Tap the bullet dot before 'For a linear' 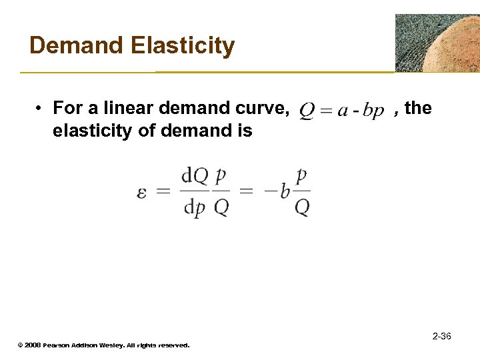pyautogui.click(x=40, y=108)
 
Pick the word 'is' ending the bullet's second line pyautogui.click(x=245, y=131)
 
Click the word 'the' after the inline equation pyautogui.click(x=418, y=107)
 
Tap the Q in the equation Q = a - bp pyautogui.click(x=307, y=110)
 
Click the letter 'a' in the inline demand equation pyautogui.click(x=342, y=111)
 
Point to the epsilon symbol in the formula pyautogui.click(x=142, y=192)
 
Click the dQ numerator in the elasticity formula pyautogui.click(x=195, y=176)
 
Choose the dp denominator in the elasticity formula pyautogui.click(x=195, y=207)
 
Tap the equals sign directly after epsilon pyautogui.click(x=163, y=191)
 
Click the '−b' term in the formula pyautogui.click(x=276, y=192)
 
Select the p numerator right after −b pyautogui.click(x=302, y=176)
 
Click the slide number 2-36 pyautogui.click(x=441, y=336)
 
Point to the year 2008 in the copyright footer pyautogui.click(x=32, y=345)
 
